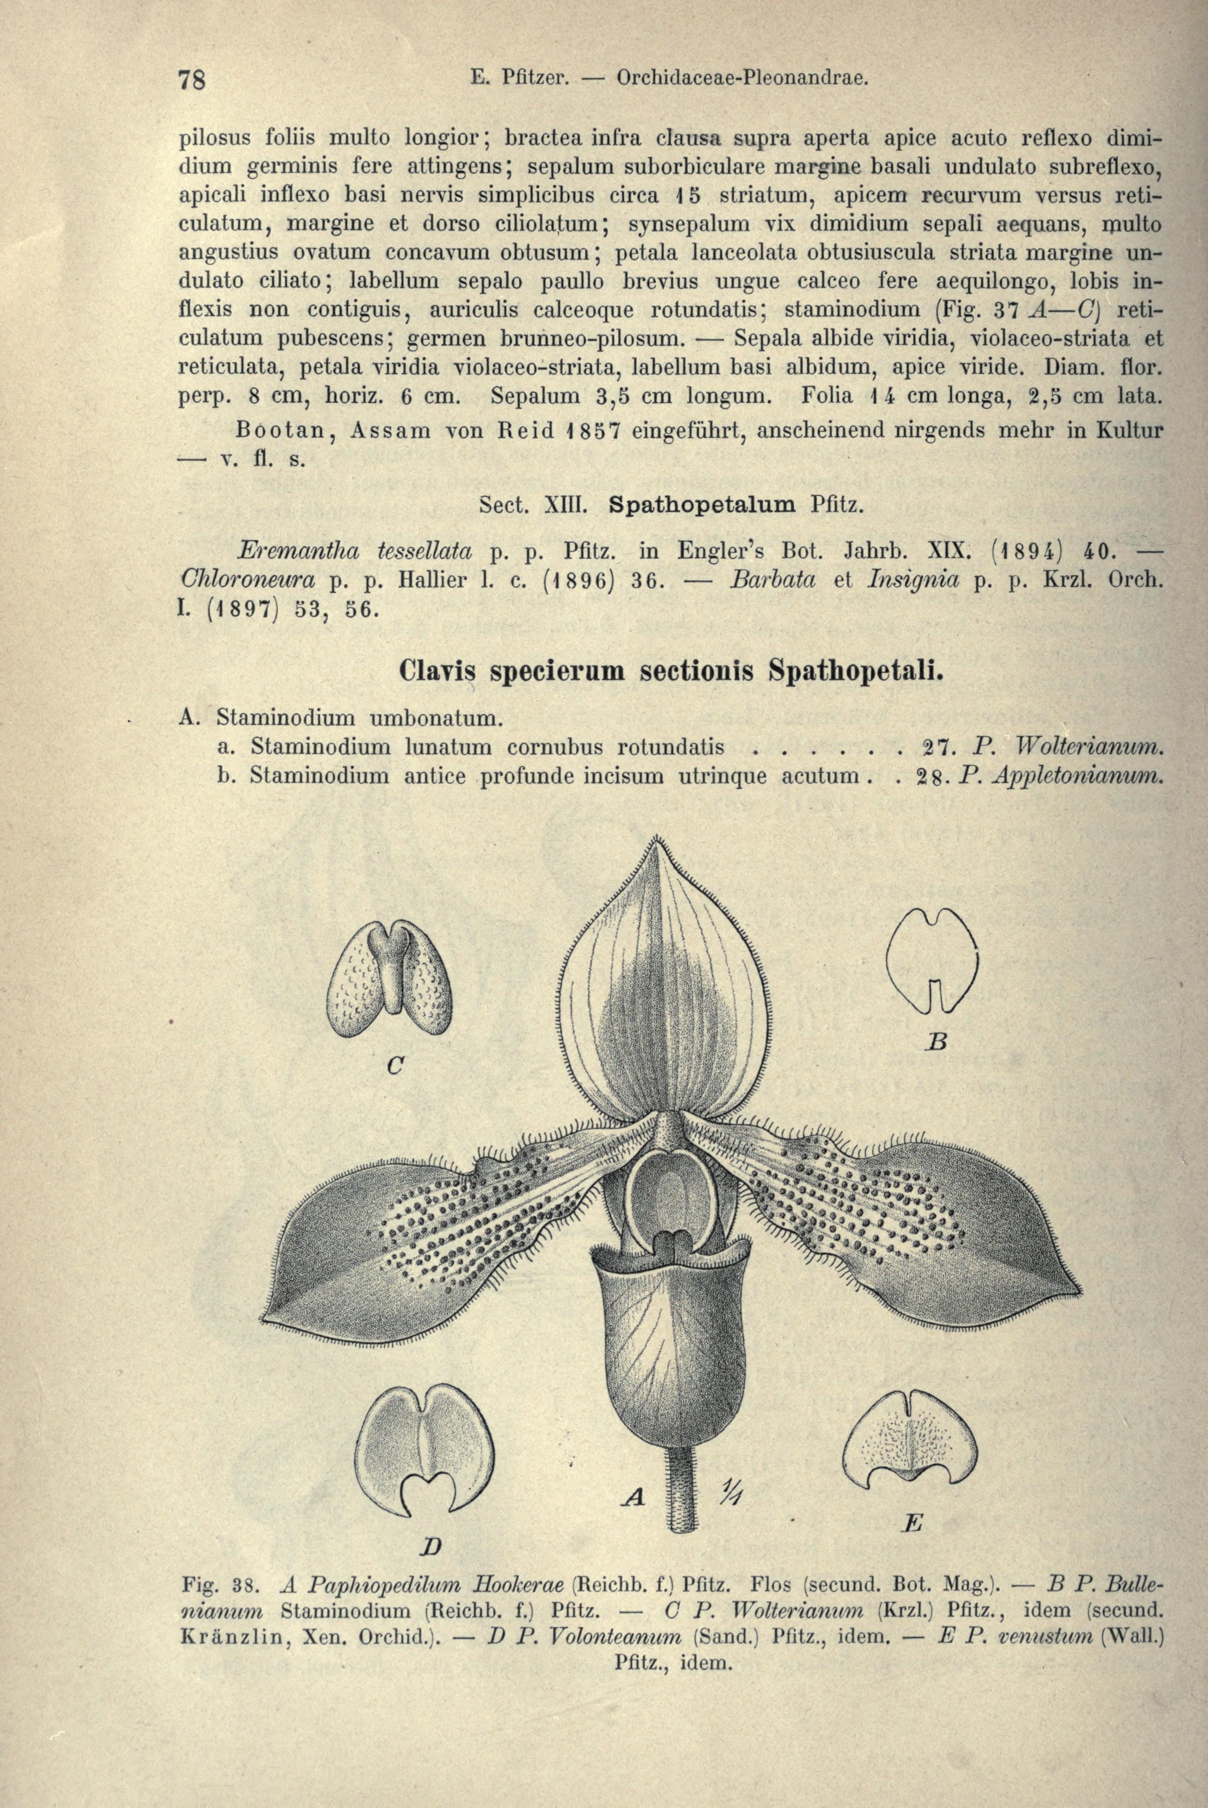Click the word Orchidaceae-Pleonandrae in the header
[744, 78]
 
